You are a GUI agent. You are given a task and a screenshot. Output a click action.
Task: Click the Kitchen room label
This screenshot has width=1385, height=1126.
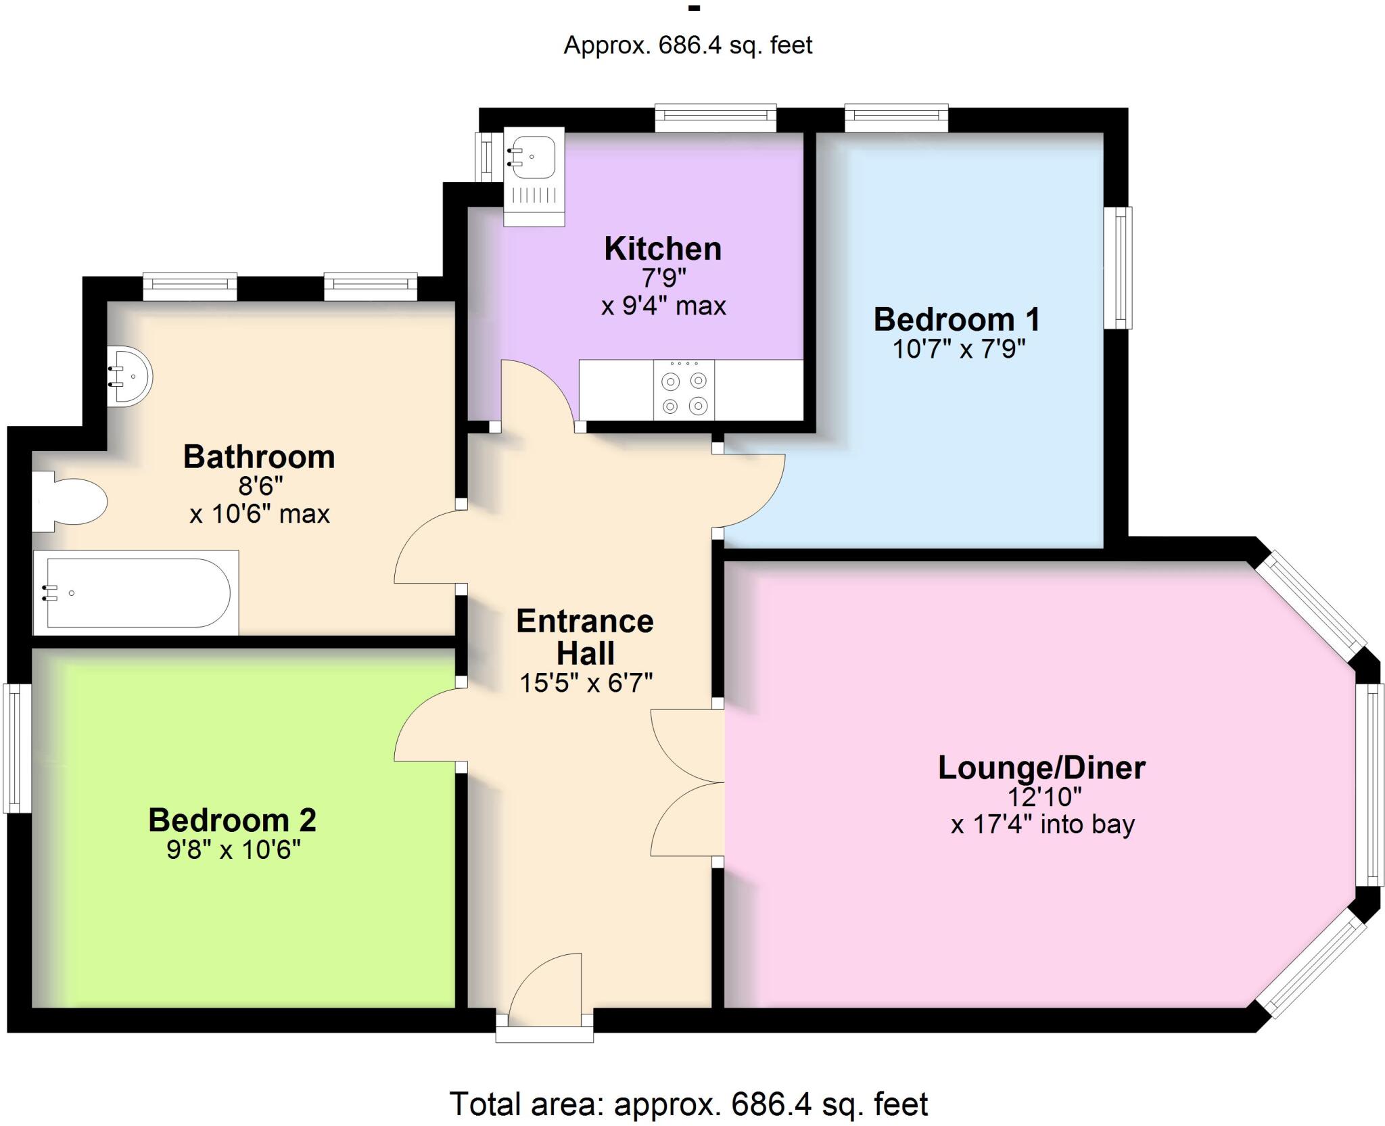pyautogui.click(x=662, y=249)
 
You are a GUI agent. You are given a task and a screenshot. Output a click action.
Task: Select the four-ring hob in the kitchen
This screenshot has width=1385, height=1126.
pyautogui.click(x=684, y=390)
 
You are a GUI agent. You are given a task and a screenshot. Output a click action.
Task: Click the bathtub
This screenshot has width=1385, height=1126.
pyautogui.click(x=136, y=593)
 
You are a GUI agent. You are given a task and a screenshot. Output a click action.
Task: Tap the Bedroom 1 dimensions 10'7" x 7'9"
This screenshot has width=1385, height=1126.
pyautogui.click(x=958, y=349)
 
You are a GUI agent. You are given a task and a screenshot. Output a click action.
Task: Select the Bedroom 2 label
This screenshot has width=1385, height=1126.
pyautogui.click(x=232, y=820)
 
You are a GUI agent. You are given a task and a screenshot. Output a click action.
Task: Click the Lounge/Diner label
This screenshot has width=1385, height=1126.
pyautogui.click(x=1041, y=768)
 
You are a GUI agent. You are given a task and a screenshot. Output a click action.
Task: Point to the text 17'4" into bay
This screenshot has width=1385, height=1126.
pyautogui.click(x=1042, y=824)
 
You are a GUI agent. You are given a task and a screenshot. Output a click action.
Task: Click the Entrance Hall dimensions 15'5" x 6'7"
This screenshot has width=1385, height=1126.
pyautogui.click(x=586, y=683)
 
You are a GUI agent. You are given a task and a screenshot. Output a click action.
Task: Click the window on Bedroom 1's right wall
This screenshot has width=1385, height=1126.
pyautogui.click(x=1118, y=268)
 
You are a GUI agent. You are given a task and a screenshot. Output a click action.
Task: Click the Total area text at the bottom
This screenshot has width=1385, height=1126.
pyautogui.click(x=688, y=1104)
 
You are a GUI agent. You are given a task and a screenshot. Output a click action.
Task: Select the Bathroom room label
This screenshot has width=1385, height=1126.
pyautogui.click(x=259, y=457)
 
